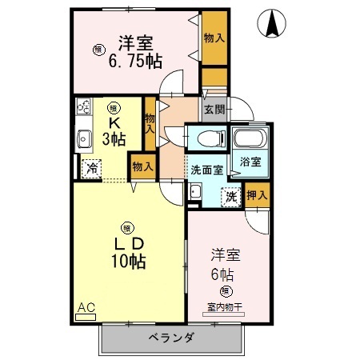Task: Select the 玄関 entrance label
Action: pyautogui.click(x=214, y=110)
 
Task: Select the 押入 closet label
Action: pyautogui.click(x=257, y=193)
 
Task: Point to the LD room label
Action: pyautogui.click(x=127, y=243)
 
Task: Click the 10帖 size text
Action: pyautogui.click(x=128, y=261)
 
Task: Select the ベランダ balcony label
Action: pyautogui.click(x=170, y=338)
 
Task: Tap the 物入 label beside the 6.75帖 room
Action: pyautogui.click(x=214, y=36)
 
